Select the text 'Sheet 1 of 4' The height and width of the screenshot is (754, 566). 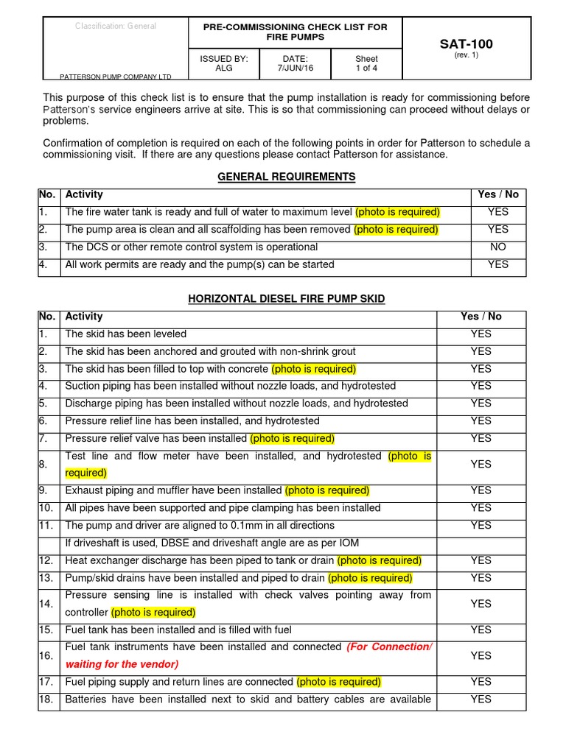coord(366,63)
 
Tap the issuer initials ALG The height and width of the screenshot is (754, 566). coord(224,68)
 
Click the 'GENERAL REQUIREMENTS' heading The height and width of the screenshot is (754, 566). coord(287,177)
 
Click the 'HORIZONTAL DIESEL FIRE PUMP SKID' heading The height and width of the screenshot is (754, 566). coord(287,298)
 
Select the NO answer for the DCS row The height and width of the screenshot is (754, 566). coord(498,247)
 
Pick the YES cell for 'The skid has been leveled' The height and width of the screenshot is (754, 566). coord(481,334)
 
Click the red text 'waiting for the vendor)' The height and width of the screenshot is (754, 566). coord(121,664)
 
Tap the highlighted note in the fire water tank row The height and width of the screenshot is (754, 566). coord(397,212)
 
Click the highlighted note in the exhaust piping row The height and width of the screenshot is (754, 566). coord(327,490)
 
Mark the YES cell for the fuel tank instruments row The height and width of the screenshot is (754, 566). coord(481,655)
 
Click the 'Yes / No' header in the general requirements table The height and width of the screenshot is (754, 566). coord(498,194)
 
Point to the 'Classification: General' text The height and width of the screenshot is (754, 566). coord(116,27)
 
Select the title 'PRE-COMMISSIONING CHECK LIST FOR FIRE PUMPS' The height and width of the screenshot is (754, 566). coord(295,32)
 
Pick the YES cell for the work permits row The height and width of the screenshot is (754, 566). coord(498,264)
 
